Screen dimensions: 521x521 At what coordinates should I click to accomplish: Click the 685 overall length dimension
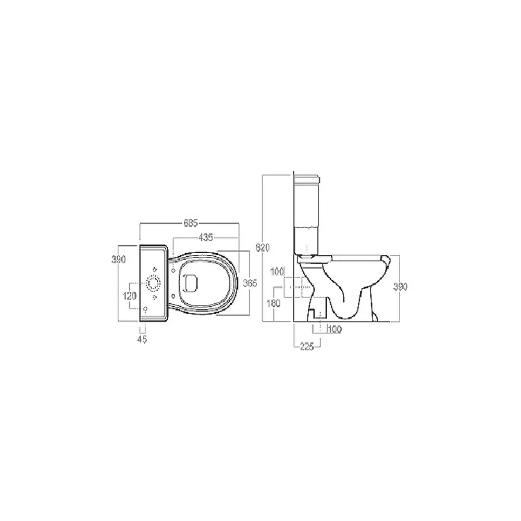point(190,223)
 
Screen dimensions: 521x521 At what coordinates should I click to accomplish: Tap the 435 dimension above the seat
point(206,238)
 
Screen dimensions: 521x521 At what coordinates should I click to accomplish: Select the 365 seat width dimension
point(250,283)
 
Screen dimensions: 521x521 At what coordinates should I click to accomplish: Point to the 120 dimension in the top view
point(130,296)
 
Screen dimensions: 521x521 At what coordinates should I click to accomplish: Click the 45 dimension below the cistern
point(142,339)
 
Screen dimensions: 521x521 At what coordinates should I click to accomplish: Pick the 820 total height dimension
point(263,247)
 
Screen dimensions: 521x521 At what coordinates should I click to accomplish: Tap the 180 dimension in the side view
point(274,303)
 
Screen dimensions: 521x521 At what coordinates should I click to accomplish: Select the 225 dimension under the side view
point(307,346)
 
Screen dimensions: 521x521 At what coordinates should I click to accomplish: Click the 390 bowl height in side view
point(400,287)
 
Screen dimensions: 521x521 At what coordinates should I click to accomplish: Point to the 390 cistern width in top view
point(118,259)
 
